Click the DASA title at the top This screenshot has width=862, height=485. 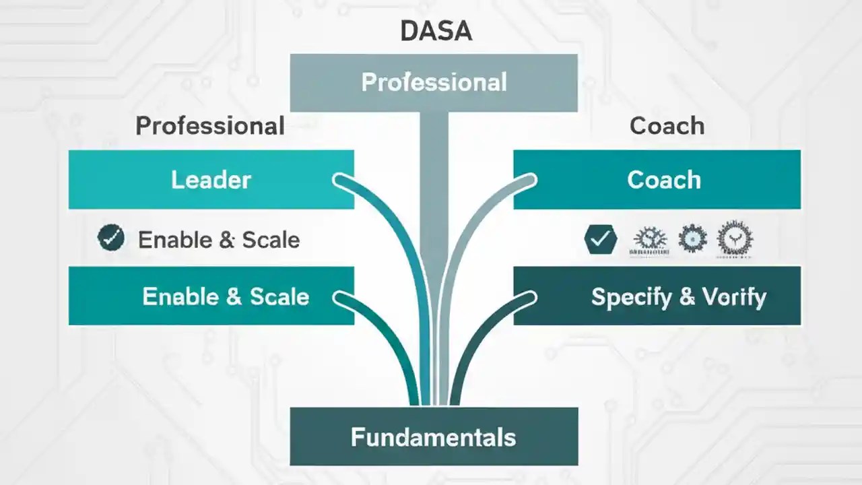pos(436,31)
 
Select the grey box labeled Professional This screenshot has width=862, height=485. pos(434,82)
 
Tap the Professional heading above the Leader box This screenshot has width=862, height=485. pos(210,126)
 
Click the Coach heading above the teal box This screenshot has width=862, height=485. pos(667,126)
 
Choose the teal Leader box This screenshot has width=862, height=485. pos(211,180)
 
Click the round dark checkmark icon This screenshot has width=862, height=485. pos(111,238)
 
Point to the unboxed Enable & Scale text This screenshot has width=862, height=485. pos(219,240)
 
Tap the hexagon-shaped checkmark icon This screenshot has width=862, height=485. pos(601,238)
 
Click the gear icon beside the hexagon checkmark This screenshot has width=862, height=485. pos(650,239)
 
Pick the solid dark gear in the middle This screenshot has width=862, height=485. pos(692,238)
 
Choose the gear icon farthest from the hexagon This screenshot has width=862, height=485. pos(735,239)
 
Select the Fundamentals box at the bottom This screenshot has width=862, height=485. pos(434,437)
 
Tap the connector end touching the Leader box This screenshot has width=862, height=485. pos(341,181)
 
